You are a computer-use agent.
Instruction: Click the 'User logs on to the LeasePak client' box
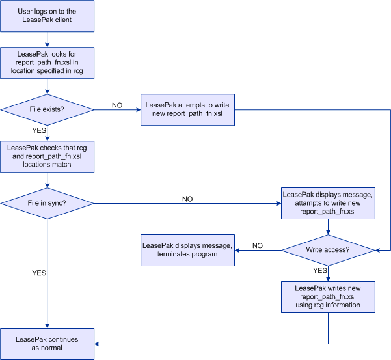click(47, 16)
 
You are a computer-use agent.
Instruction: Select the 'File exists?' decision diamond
click(47, 110)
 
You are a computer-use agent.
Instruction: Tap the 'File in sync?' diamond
click(47, 204)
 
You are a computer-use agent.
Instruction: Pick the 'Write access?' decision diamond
click(328, 250)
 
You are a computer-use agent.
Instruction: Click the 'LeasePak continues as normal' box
click(47, 344)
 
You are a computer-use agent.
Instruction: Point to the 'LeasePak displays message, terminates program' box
click(187, 250)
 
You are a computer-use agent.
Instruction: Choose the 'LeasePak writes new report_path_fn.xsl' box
click(328, 297)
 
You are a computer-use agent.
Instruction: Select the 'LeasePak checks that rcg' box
click(47, 156)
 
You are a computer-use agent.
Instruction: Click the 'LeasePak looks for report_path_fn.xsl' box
click(47, 63)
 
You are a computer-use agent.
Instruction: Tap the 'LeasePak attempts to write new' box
click(187, 110)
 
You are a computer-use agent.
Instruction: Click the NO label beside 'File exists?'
click(117, 105)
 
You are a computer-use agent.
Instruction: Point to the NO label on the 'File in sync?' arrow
click(187, 199)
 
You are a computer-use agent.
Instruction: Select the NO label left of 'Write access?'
click(258, 245)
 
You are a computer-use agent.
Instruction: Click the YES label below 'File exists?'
click(39, 130)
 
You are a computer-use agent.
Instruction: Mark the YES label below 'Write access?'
click(320, 270)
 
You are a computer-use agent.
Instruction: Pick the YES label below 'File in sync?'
click(39, 273)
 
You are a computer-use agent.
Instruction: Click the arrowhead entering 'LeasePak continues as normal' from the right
click(96, 344)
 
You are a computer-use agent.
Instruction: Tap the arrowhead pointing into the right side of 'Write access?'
click(377, 250)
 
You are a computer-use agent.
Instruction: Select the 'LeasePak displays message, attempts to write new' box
click(328, 203)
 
